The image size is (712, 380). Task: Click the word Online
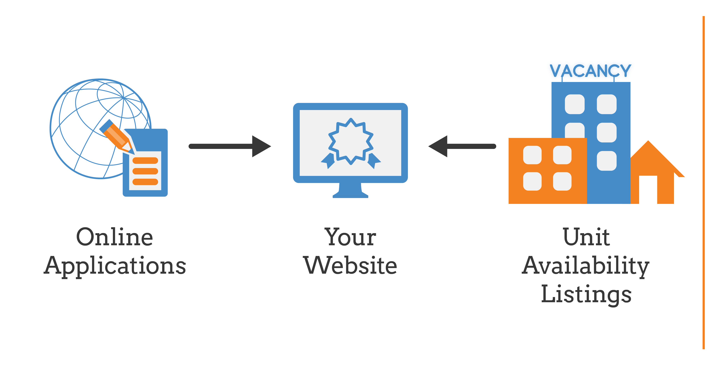pyautogui.click(x=114, y=237)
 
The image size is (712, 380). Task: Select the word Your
pyautogui.click(x=350, y=237)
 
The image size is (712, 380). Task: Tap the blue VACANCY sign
pyautogui.click(x=590, y=71)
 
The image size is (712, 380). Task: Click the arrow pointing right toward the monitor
pyautogui.click(x=230, y=146)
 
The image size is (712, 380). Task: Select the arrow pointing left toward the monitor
pyautogui.click(x=462, y=146)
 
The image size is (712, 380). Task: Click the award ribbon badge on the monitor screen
pyautogui.click(x=351, y=143)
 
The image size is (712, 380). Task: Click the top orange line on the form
pyautogui.click(x=145, y=161)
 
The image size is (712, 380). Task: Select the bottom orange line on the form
pyautogui.click(x=145, y=182)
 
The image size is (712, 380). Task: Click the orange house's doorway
pyautogui.click(x=648, y=190)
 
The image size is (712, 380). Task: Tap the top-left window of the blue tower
pyautogui.click(x=575, y=104)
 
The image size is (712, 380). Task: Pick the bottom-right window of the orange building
pyautogui.click(x=562, y=182)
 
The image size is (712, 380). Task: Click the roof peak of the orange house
pyautogui.click(x=648, y=141)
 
